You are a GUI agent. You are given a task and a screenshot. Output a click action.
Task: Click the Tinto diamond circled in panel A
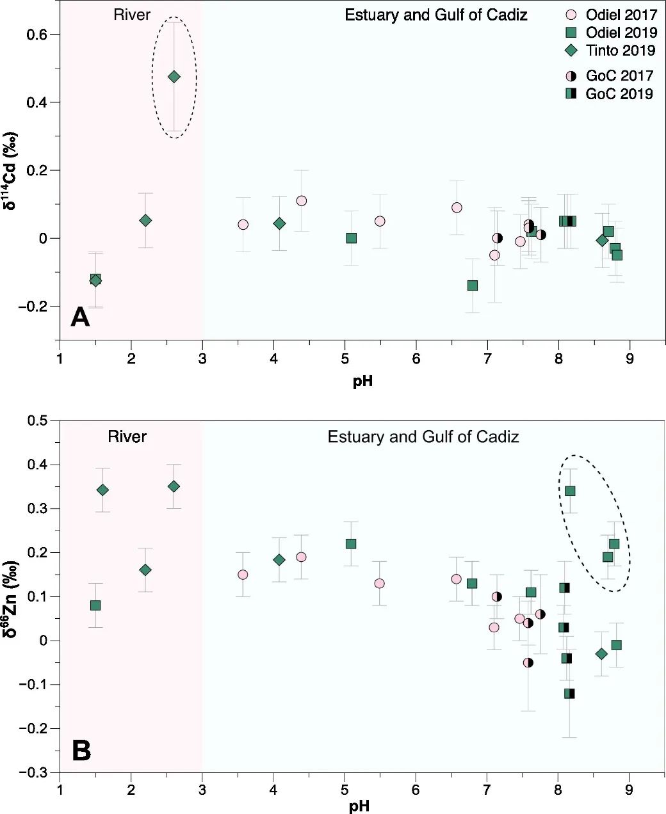point(174,77)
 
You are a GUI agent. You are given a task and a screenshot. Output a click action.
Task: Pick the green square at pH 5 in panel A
point(351,238)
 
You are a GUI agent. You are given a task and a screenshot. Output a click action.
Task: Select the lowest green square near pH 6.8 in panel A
point(472,285)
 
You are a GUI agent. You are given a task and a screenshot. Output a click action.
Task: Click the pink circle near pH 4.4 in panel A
point(302,201)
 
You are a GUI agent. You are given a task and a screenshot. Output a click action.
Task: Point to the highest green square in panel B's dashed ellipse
point(570,491)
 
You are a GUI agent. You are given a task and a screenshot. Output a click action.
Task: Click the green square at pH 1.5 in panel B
point(95,605)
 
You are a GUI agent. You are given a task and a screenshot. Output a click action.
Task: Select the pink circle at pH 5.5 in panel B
point(379,583)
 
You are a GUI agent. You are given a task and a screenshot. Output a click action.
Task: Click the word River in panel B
point(127,436)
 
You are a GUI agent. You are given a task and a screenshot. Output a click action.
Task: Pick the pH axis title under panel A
point(362,381)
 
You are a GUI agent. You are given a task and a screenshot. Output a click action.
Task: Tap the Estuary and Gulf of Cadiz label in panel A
point(435,15)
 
